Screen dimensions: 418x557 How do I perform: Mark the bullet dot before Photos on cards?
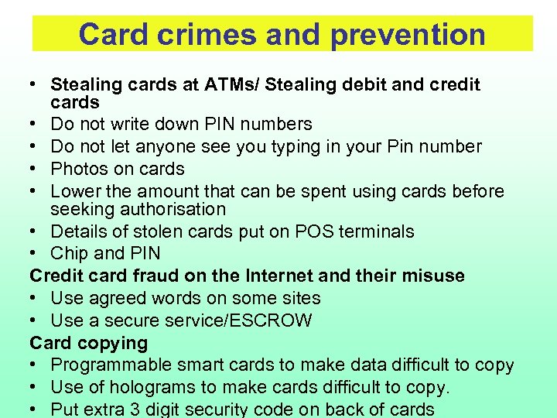click(36, 169)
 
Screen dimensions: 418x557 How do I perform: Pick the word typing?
click(270, 146)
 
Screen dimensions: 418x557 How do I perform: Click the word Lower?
click(75, 191)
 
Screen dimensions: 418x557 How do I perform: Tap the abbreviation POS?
click(306, 231)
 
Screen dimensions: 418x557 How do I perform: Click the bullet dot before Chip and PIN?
click(36, 253)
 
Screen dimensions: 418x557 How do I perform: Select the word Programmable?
click(108, 365)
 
